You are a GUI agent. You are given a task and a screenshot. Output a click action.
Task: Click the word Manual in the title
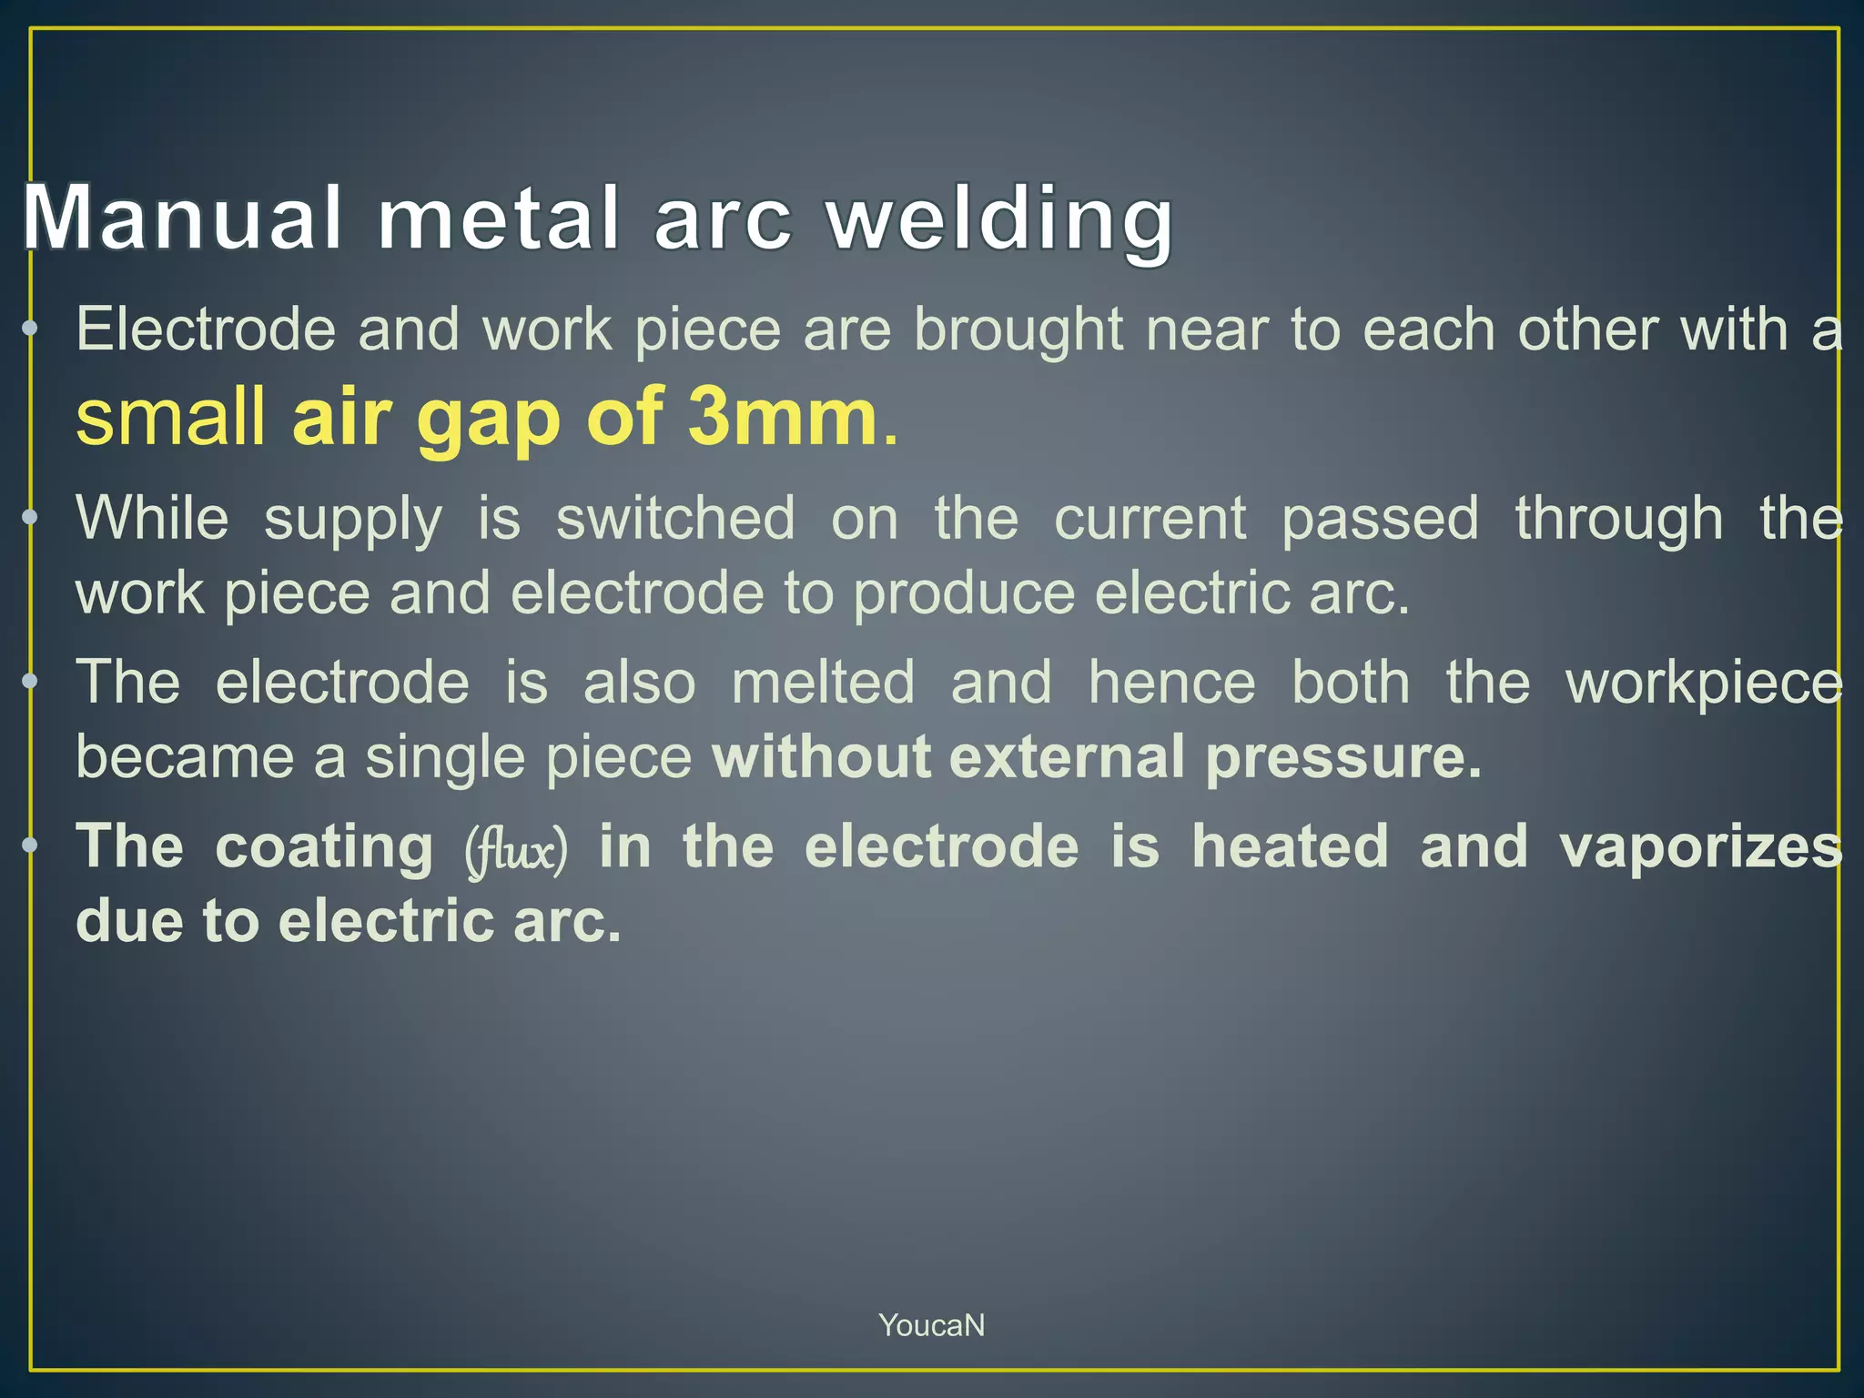tap(182, 218)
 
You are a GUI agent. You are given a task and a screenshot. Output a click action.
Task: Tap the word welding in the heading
tap(999, 218)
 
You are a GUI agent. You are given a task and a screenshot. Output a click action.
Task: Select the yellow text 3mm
tap(782, 417)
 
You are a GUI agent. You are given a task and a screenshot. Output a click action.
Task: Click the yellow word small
tap(170, 417)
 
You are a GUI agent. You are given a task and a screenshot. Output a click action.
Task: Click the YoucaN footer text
tap(931, 1325)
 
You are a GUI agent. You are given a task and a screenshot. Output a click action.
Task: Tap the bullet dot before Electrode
tap(30, 329)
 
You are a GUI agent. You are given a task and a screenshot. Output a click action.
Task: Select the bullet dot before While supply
tap(30, 518)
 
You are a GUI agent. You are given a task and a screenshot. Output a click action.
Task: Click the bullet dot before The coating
tap(30, 846)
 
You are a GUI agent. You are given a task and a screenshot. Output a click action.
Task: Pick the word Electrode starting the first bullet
tap(206, 329)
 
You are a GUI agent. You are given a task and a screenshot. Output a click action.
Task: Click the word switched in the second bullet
tap(675, 518)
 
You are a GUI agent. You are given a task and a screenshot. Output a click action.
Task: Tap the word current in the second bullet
tap(1150, 518)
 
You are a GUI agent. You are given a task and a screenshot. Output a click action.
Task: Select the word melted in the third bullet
tap(823, 682)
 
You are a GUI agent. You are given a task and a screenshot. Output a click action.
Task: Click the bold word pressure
tap(1343, 756)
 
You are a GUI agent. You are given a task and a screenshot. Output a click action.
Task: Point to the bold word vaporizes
tap(1700, 846)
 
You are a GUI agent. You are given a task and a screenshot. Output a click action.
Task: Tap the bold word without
tap(822, 756)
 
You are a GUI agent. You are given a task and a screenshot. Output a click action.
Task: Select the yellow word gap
tap(487, 419)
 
